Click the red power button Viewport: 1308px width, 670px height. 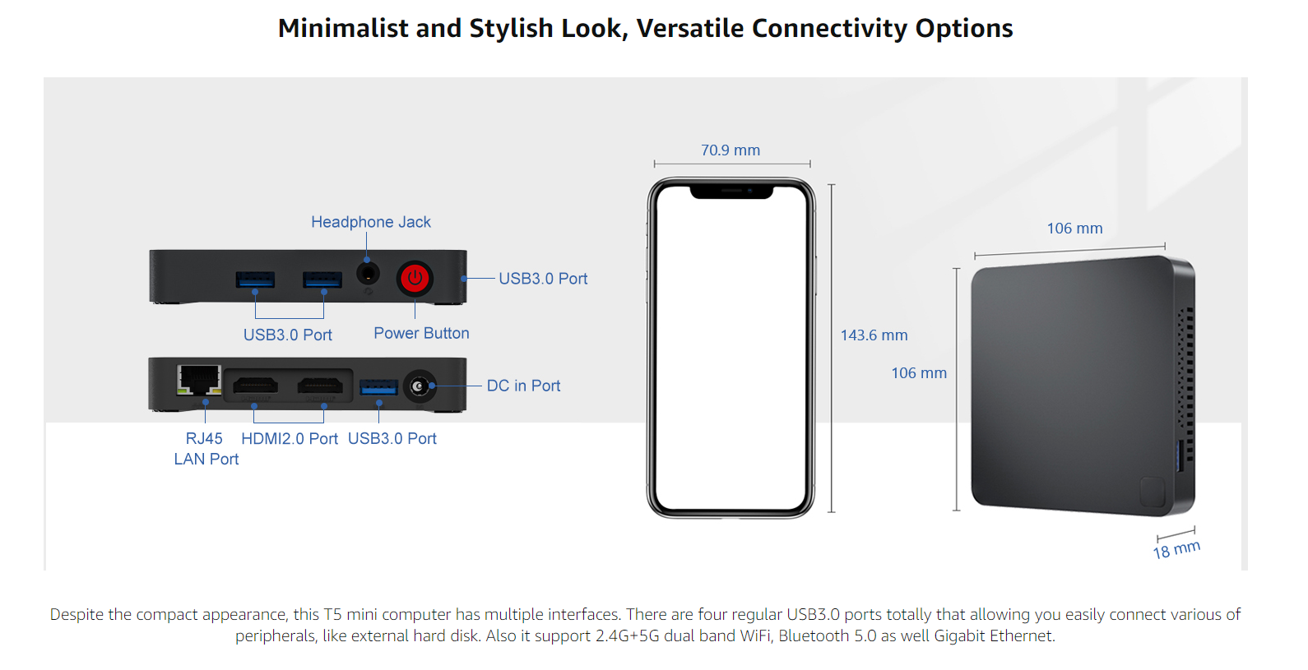coord(415,278)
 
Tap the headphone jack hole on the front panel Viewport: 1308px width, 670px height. coord(367,273)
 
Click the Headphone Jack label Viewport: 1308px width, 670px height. coord(371,222)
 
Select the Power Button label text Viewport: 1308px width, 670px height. coord(421,333)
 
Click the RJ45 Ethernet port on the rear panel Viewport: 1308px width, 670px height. coord(198,380)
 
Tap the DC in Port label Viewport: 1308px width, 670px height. coord(523,386)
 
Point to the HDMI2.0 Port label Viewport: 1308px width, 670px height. coord(290,439)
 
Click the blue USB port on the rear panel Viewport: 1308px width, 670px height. coord(378,387)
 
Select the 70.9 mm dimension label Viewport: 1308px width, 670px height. coord(731,150)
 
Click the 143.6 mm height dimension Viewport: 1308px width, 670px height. coord(874,335)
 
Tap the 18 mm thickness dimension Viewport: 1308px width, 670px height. coord(1176,550)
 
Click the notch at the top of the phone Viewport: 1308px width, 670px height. coord(731,192)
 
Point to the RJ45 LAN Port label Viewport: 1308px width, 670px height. coord(206,449)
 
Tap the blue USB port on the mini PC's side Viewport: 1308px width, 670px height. coord(1178,455)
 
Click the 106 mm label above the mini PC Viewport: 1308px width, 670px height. coord(1074,229)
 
